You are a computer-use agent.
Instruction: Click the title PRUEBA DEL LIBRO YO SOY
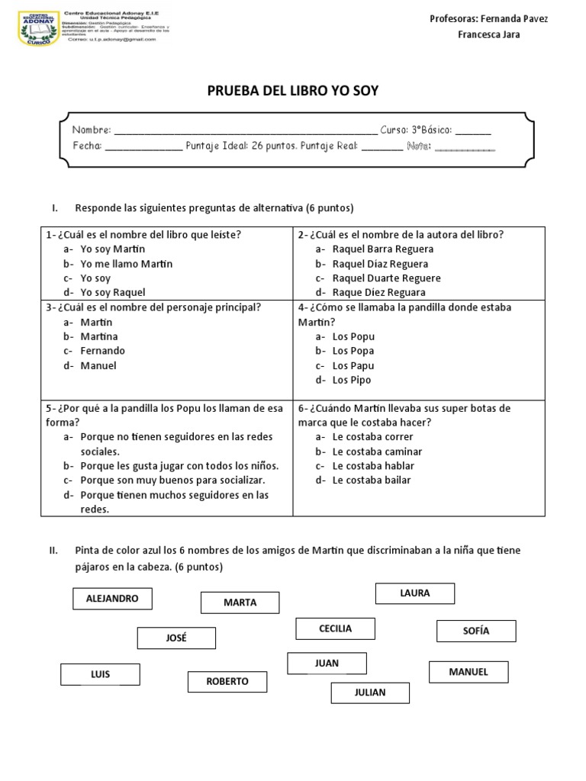(x=293, y=92)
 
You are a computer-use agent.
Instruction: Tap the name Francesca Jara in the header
(x=488, y=35)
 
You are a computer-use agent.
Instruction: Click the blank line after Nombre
(x=244, y=132)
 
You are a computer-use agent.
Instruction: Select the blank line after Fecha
(x=143, y=147)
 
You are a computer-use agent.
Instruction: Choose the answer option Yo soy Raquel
(x=112, y=292)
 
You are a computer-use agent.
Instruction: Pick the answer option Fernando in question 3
(x=102, y=351)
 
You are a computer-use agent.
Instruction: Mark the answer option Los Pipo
(x=352, y=380)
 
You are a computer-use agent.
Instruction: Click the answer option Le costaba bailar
(x=372, y=480)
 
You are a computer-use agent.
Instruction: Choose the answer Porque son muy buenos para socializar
(x=172, y=480)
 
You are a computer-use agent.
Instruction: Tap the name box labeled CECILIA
(x=335, y=628)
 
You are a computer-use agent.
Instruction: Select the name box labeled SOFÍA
(x=475, y=631)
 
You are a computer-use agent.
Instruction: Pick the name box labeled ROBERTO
(x=227, y=681)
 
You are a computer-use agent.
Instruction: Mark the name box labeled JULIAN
(x=370, y=693)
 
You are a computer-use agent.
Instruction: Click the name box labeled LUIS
(x=100, y=674)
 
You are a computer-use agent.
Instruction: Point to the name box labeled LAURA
(x=414, y=593)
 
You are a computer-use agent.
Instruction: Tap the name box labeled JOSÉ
(x=176, y=638)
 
